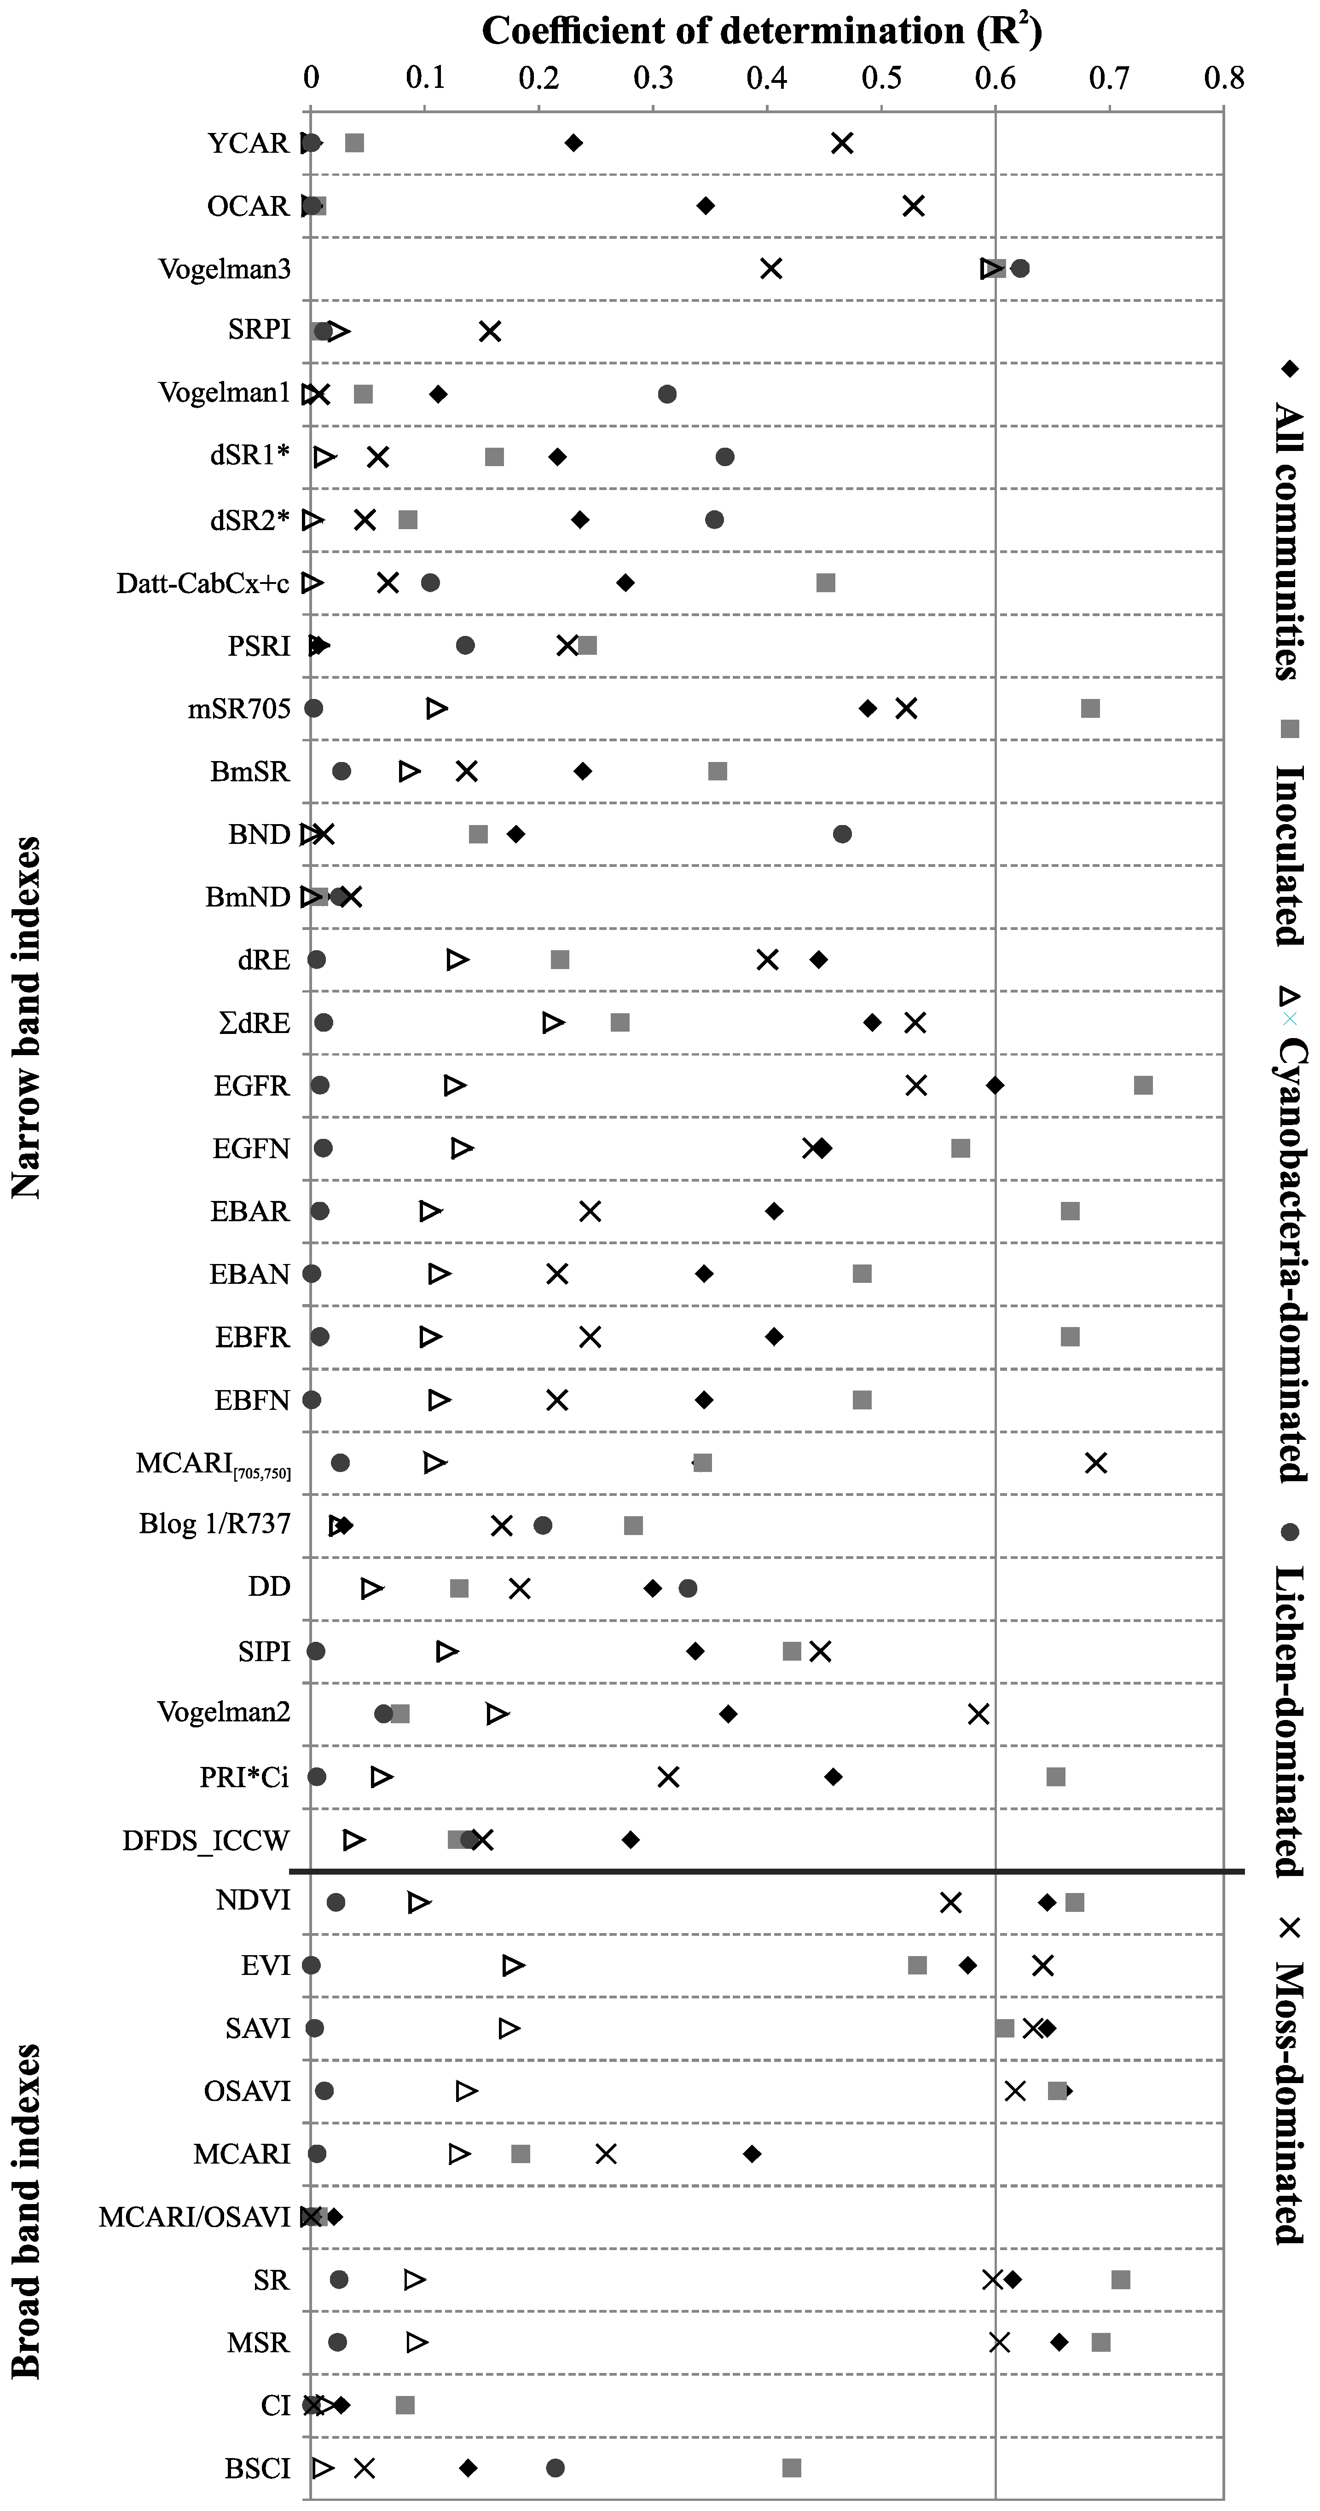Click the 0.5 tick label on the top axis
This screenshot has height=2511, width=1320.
[x=880, y=78]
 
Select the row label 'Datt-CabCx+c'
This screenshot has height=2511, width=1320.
[x=203, y=583]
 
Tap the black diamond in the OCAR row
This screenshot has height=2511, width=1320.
[x=706, y=206]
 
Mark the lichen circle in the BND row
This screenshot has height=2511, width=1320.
[x=842, y=833]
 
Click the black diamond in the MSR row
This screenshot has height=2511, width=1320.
[x=1059, y=2343]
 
